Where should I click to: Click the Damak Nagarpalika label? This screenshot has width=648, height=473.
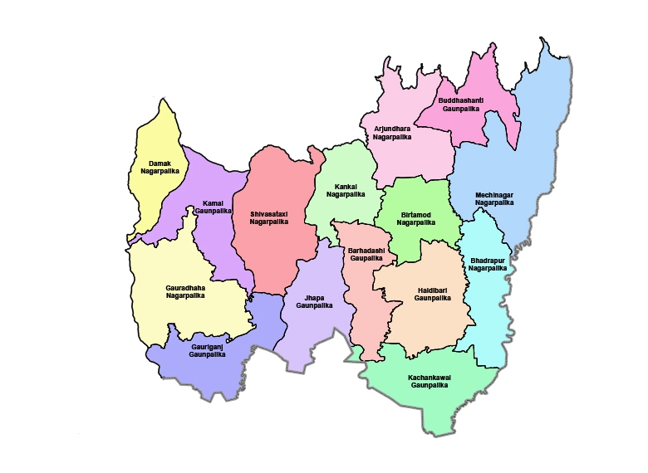(160, 167)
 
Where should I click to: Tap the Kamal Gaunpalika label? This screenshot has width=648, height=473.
(212, 207)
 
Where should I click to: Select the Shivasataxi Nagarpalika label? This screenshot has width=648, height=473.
(269, 218)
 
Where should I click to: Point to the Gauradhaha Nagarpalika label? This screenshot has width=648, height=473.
(185, 291)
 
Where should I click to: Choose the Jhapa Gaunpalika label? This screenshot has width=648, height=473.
(314, 301)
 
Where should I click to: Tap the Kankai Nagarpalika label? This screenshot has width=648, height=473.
(346, 190)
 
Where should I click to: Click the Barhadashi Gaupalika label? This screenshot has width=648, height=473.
(366, 254)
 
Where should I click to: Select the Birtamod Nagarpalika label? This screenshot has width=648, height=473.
(416, 218)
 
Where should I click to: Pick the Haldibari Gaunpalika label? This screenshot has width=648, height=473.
(432, 294)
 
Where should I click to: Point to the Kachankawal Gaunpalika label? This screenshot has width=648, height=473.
(429, 382)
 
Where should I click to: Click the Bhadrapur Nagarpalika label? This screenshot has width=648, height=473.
(488, 264)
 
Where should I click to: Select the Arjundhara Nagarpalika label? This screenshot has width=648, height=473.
(392, 133)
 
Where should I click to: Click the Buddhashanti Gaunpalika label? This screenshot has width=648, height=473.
(461, 105)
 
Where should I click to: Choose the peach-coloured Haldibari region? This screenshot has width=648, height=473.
(432, 324)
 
